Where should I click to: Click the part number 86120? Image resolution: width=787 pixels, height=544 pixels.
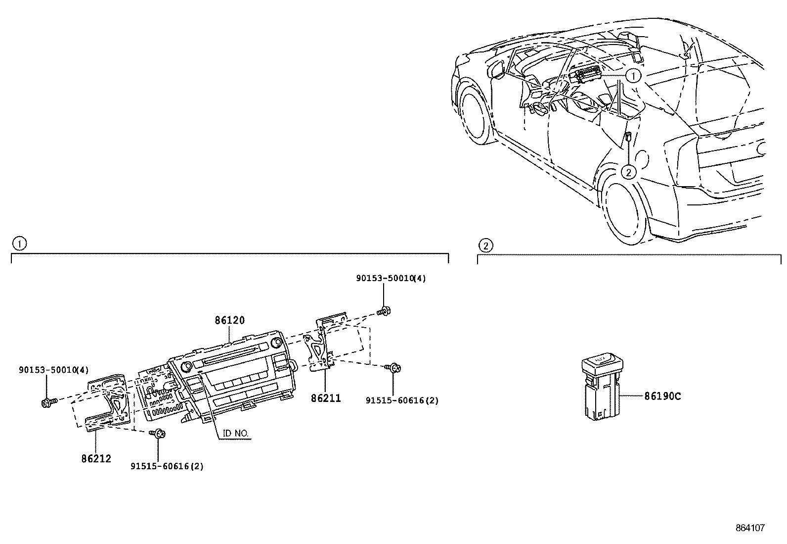coord(229,320)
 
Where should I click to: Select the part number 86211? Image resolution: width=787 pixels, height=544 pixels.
coord(326,398)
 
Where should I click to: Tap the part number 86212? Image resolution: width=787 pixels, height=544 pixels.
coord(96,458)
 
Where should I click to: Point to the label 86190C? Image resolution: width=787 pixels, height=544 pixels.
coord(662,396)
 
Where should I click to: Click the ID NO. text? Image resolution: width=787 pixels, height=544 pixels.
coord(235,434)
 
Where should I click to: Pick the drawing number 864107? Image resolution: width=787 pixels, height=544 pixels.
coord(749,528)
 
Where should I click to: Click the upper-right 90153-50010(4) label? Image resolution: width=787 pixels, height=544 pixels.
coord(391,278)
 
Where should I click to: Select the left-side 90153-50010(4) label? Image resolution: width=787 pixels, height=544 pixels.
coord(54,370)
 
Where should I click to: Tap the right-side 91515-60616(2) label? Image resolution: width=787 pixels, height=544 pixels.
coord(402,400)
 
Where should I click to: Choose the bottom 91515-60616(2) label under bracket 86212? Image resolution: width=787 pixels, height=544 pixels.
coord(167,466)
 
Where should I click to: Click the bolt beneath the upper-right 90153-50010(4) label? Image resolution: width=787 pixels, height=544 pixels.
coord(383,311)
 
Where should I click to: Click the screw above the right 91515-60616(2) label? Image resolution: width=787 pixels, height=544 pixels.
coord(394,368)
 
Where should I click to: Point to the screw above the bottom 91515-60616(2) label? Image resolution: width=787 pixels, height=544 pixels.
coord(159,434)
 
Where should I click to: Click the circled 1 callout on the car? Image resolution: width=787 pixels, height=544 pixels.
coord(633,76)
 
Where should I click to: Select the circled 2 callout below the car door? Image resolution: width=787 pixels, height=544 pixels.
coord(628,172)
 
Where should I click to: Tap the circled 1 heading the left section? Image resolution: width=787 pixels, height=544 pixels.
coord(19,244)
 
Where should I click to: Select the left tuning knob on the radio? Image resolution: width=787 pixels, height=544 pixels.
coord(187,367)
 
